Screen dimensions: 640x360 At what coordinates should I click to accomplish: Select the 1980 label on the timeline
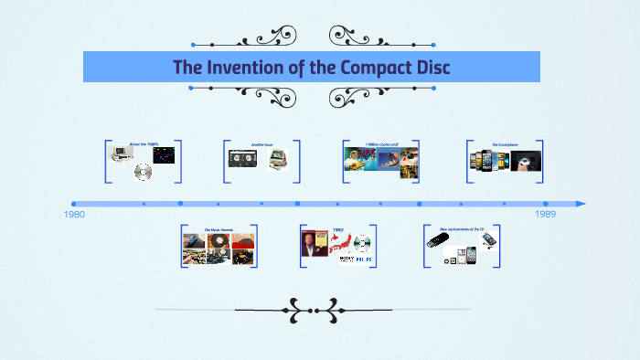click(75, 214)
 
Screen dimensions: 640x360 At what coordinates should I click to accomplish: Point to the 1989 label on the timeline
click(545, 214)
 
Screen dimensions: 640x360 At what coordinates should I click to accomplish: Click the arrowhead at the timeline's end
click(581, 204)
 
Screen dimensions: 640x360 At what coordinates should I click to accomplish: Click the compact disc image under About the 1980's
click(143, 171)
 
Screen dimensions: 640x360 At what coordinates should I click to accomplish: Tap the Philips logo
click(363, 259)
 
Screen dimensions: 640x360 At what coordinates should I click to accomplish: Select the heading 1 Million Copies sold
click(381, 144)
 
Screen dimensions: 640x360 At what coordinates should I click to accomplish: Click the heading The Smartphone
click(505, 144)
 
